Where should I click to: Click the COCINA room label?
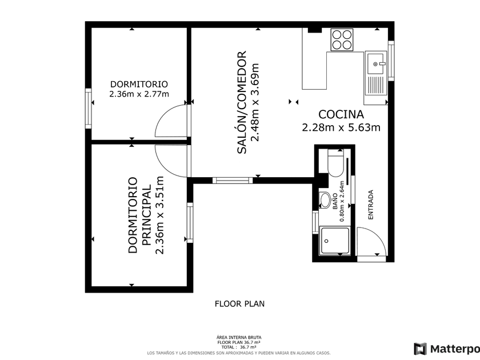point(341,114)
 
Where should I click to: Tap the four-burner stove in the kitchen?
point(342,40)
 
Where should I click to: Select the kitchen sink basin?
point(375,64)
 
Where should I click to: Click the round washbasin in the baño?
point(325,200)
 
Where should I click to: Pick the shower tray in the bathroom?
point(335,241)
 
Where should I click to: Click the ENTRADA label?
point(371,205)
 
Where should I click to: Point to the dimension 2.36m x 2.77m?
point(139,94)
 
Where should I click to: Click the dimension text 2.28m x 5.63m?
point(341,127)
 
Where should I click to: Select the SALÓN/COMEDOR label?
point(242,102)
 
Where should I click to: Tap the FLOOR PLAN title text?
point(239,303)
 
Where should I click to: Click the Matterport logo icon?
point(420,349)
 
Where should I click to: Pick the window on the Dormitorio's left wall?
point(88,109)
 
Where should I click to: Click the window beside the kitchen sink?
point(391,61)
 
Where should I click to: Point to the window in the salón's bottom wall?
point(233,181)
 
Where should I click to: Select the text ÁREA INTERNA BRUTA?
point(239,338)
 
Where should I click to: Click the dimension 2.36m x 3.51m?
point(160,215)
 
